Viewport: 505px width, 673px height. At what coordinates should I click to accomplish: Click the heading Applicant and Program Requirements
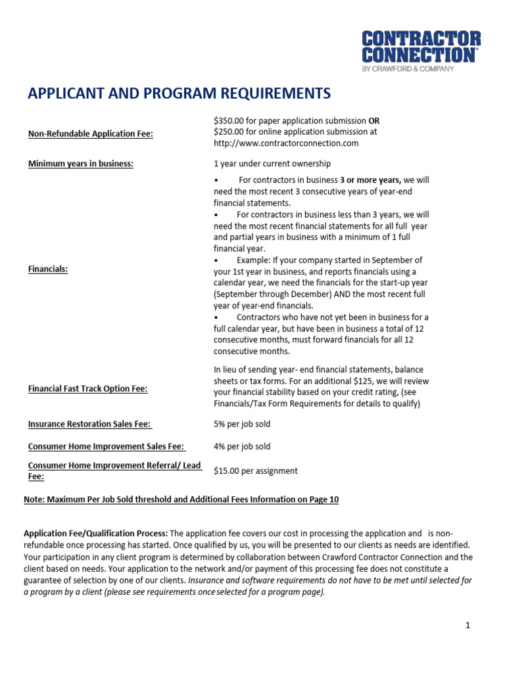[179, 94]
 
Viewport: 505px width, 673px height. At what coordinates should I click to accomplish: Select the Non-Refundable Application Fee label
[91, 134]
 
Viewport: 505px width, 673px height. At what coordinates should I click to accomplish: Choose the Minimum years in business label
[81, 164]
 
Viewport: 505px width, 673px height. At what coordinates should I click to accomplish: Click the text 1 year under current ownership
[272, 164]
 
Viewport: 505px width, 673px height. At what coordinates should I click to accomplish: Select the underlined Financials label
[48, 269]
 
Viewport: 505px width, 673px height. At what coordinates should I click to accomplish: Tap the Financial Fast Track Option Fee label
[87, 388]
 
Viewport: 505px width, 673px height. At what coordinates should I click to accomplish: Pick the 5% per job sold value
[242, 425]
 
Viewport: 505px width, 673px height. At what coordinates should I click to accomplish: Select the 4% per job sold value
[242, 447]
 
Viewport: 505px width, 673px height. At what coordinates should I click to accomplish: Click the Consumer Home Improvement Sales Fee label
[106, 447]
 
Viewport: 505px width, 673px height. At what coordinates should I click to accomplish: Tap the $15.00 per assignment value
[255, 471]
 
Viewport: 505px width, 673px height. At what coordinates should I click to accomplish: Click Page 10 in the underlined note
[324, 499]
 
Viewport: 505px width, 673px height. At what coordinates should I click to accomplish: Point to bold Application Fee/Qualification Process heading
[96, 534]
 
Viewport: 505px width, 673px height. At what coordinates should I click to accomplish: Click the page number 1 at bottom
[468, 626]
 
